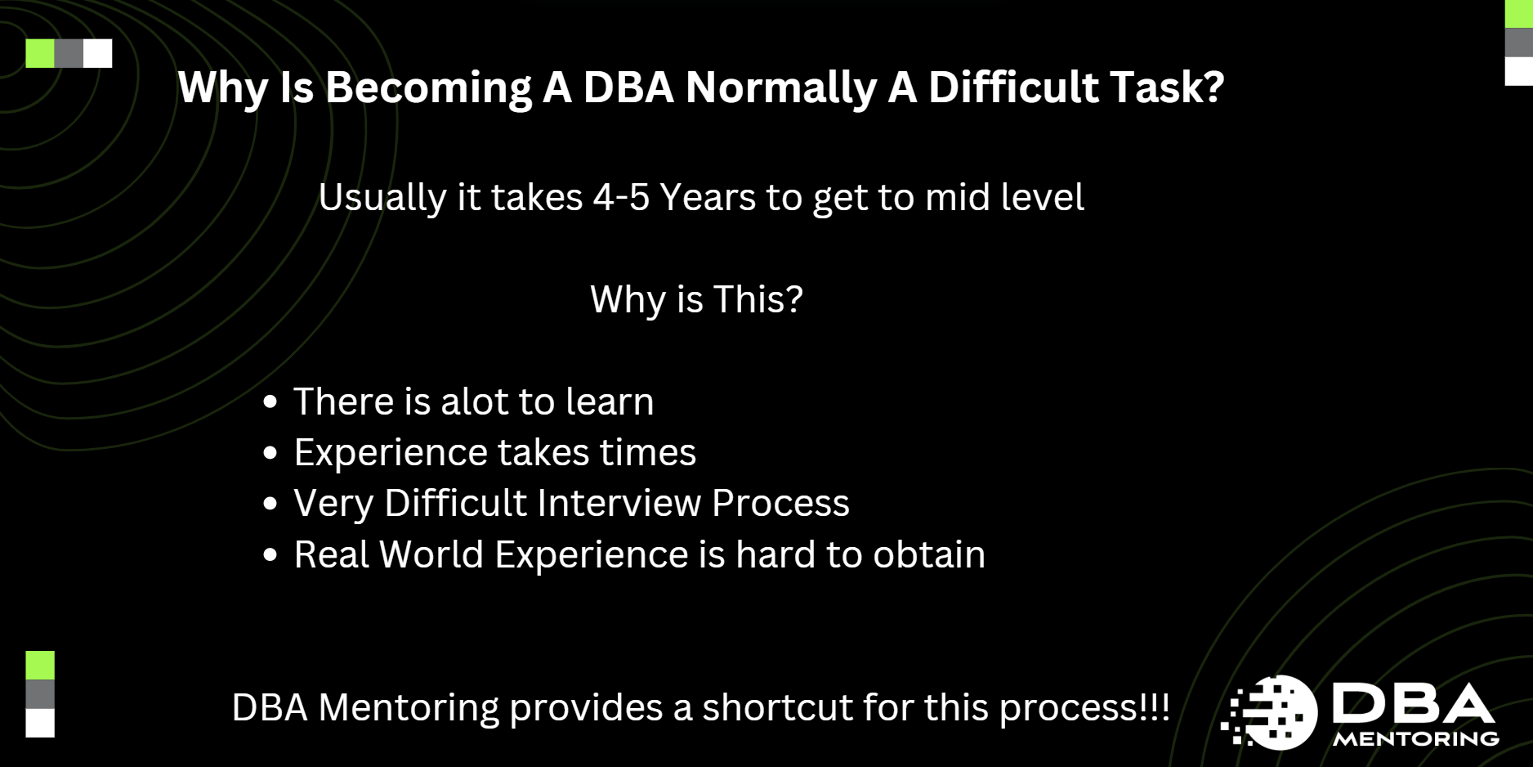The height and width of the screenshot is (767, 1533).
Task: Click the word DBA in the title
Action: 628,87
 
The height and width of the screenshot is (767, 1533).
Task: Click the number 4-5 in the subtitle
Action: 621,198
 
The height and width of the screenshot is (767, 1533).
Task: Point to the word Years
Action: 708,198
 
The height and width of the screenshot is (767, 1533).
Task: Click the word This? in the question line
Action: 758,299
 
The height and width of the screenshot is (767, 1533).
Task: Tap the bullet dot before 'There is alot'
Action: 270,402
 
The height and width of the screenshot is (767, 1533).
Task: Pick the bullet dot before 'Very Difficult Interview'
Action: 270,504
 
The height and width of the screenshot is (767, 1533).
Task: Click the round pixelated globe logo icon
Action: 1272,712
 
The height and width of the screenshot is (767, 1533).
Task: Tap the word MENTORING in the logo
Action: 1416,739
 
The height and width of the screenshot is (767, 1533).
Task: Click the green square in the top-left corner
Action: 40,53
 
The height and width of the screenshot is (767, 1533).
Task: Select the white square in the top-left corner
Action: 98,53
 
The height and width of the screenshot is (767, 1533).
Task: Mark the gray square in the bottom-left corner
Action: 40,694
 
